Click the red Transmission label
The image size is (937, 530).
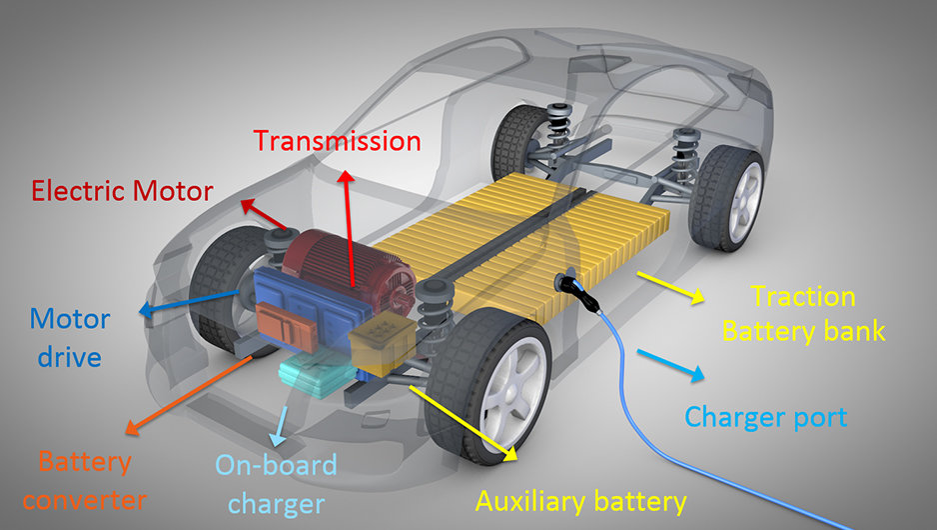[338, 141]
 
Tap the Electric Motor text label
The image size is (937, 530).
[123, 191]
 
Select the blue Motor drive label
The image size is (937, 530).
[70, 338]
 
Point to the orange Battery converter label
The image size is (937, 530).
[84, 481]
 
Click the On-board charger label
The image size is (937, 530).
[276, 485]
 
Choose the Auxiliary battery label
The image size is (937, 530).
[580, 501]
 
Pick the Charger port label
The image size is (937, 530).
[766, 417]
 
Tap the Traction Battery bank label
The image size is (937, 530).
[804, 314]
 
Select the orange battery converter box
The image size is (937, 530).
[286, 326]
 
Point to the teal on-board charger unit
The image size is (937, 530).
[317, 375]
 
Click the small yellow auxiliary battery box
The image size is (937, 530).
[382, 346]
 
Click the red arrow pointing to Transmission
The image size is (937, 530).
[349, 229]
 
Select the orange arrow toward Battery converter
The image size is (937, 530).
[189, 395]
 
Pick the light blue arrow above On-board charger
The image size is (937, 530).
[280, 427]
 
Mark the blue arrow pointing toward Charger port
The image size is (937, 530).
[670, 365]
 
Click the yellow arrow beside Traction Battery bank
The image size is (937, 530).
[670, 288]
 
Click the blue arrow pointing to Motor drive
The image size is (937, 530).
[188, 302]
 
